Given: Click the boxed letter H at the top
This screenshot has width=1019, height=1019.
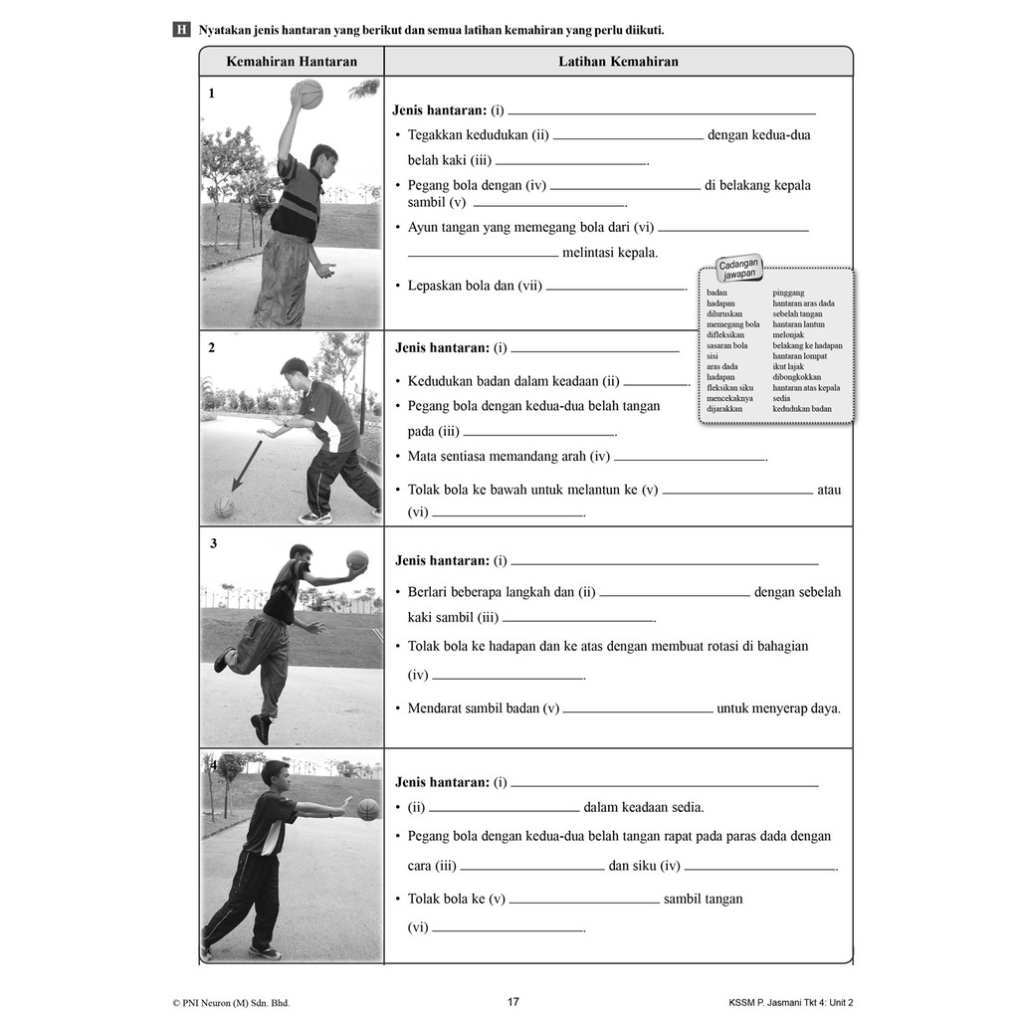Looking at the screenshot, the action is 181,30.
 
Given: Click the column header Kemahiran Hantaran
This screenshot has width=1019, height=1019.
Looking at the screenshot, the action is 292,62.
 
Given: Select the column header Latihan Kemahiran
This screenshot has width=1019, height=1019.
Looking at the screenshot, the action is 618,62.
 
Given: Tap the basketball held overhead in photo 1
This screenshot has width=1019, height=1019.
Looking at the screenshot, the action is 307,95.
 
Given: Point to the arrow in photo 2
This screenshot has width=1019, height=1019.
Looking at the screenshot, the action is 247,466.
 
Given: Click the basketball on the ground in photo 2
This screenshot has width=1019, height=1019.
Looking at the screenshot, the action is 224,507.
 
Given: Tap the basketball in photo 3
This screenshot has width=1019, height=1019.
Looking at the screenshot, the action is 357,561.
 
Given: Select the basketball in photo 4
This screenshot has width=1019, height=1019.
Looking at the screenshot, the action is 368,809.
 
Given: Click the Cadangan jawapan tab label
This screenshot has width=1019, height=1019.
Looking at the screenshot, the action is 739,269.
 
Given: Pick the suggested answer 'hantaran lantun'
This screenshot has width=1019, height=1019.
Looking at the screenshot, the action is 799,324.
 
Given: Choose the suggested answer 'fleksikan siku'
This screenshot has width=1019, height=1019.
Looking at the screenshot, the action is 729,388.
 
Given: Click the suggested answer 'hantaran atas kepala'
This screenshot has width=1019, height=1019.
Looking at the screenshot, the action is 806,388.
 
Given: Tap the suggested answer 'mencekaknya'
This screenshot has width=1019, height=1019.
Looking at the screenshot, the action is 729,398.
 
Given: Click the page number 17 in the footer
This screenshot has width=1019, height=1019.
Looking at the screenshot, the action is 513,1001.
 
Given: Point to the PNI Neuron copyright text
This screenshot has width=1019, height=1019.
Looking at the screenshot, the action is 231,1003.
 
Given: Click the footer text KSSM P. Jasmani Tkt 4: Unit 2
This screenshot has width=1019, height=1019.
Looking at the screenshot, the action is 790,1003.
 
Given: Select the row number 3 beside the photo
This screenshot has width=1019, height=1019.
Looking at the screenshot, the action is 213,543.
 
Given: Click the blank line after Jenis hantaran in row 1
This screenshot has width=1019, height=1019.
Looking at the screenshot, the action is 662,114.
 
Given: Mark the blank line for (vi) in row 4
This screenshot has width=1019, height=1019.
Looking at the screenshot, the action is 509,931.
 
